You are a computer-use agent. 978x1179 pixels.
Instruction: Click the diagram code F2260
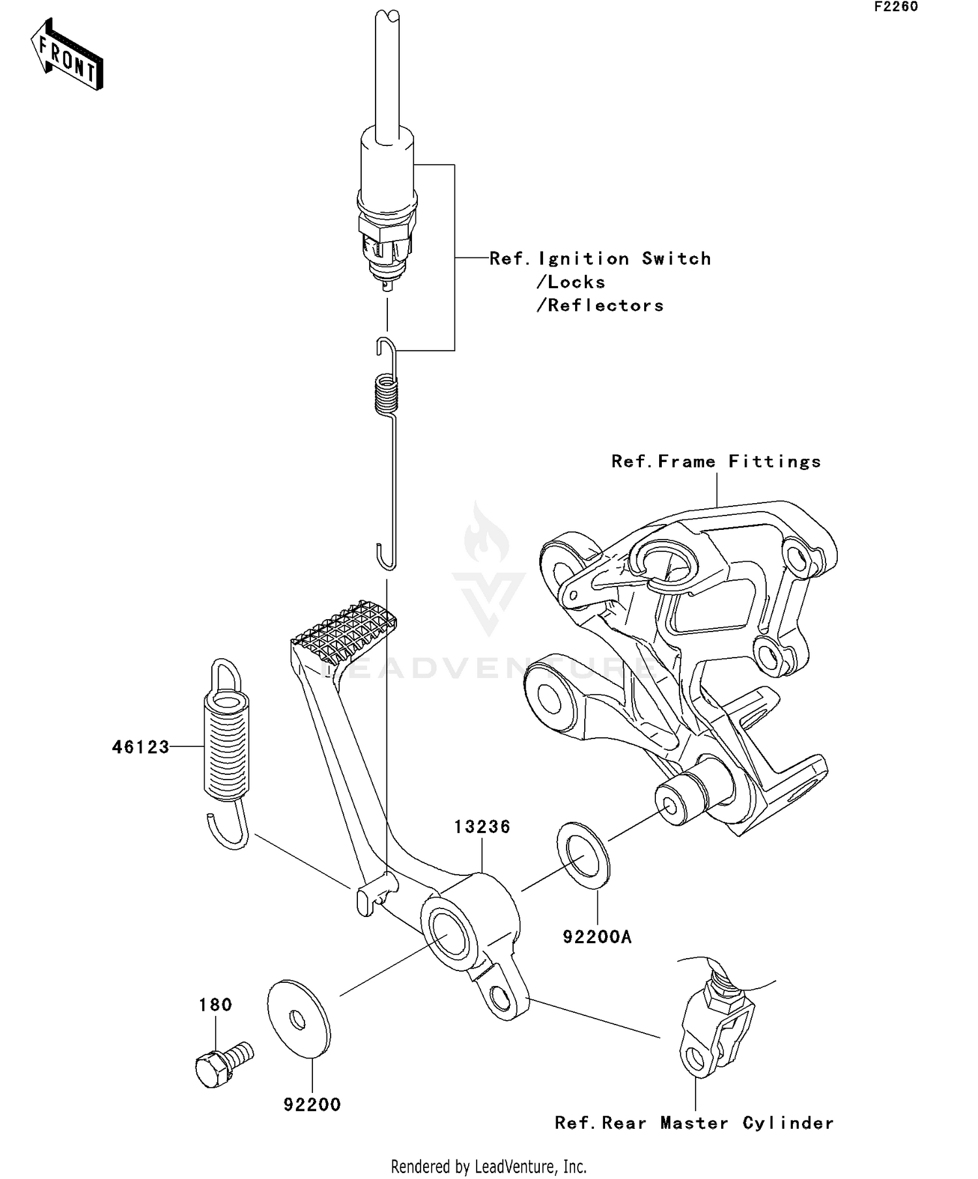click(x=896, y=7)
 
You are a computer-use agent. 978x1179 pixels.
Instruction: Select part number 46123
click(x=140, y=747)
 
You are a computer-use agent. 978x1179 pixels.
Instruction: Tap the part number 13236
click(x=482, y=826)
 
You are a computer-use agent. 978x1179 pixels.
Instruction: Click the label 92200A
click(x=597, y=937)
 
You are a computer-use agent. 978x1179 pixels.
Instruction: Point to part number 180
click(x=215, y=1004)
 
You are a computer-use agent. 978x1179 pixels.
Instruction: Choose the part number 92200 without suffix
click(x=312, y=1105)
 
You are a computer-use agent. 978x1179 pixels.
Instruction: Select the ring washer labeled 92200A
click(x=584, y=856)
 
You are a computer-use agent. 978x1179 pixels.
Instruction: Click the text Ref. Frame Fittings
click(x=716, y=461)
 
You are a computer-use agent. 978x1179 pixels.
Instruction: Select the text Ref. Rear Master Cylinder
click(x=694, y=1123)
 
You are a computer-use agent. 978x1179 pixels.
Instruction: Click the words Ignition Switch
click(x=624, y=259)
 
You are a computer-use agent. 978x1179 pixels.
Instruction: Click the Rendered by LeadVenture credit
click(x=488, y=1166)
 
